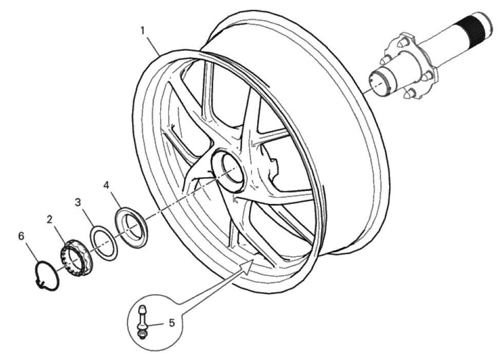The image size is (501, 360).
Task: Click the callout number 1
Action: coord(143,31)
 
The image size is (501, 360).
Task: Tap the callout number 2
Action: coord(49,219)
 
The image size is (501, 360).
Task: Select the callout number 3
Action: coord(78,202)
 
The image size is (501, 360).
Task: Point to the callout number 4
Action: coord(106,185)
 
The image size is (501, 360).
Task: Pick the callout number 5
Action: coord(172,323)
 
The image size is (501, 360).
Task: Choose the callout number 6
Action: coord(21,236)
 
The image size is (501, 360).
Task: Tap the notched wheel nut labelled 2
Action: coord(76,258)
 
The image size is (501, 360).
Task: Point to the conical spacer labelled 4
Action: coord(131,227)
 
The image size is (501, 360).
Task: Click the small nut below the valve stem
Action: coord(141,334)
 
